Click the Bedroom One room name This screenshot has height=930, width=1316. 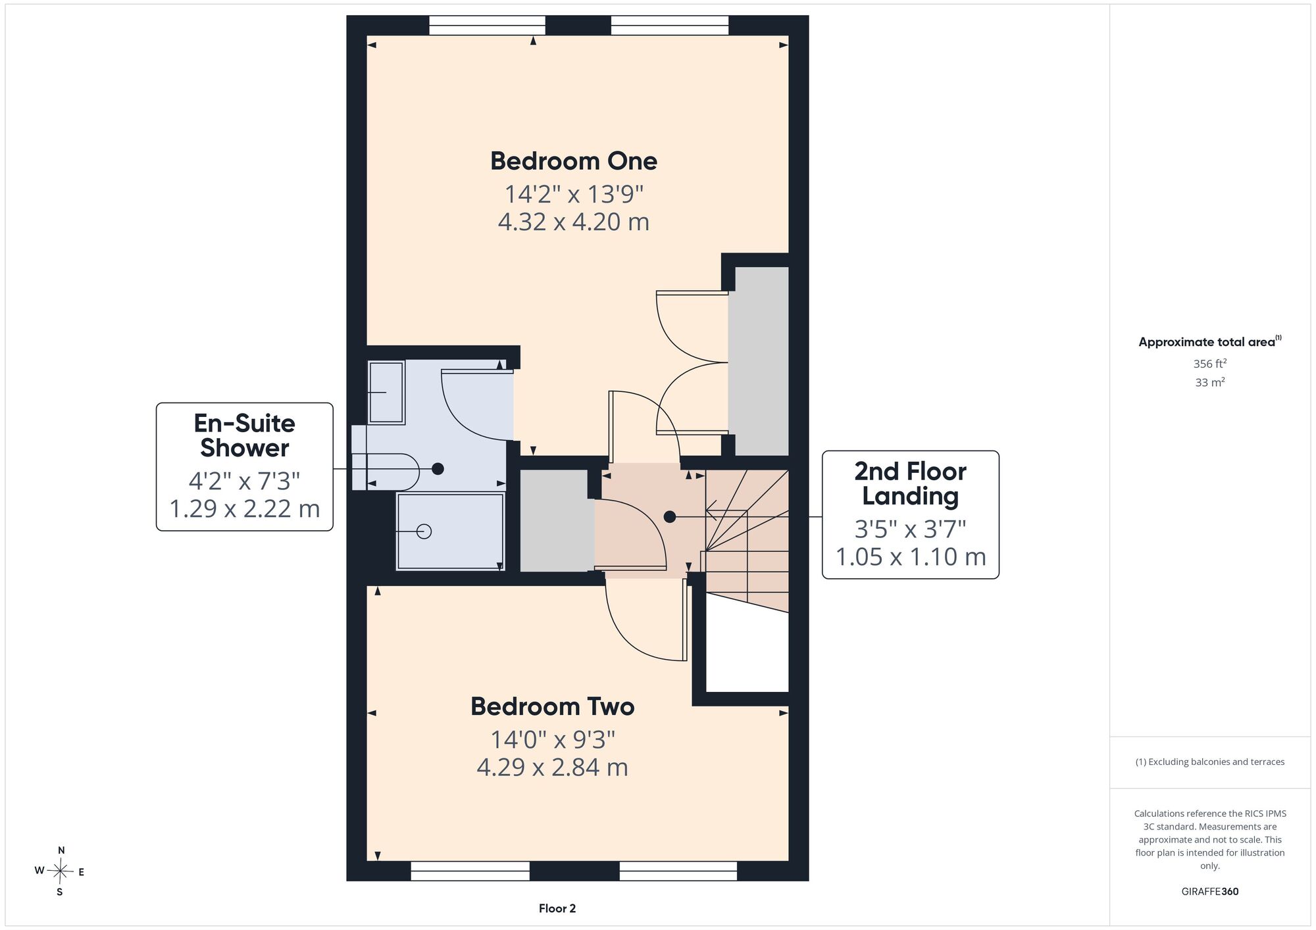point(574,161)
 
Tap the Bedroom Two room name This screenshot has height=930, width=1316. point(553,706)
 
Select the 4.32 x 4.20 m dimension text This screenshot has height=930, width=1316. point(574,222)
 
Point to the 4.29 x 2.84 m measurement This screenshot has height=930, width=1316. point(553,767)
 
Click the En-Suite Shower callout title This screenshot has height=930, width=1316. point(245,435)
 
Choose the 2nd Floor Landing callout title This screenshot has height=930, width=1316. point(911,483)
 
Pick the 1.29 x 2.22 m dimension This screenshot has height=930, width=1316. point(245,508)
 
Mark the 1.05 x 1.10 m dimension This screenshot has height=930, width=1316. point(911,557)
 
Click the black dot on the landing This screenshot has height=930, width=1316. point(670,517)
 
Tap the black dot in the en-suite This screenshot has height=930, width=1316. point(438,469)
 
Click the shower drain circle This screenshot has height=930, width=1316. point(424,531)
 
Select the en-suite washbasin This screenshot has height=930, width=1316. point(386,392)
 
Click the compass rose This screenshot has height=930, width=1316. point(61,871)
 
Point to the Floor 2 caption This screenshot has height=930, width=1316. point(557,908)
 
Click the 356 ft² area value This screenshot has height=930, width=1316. point(1210,363)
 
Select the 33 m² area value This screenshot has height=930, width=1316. point(1210,382)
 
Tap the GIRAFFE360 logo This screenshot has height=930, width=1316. point(1210,892)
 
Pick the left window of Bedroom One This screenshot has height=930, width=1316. point(487,25)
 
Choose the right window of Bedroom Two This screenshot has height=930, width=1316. point(678,871)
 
